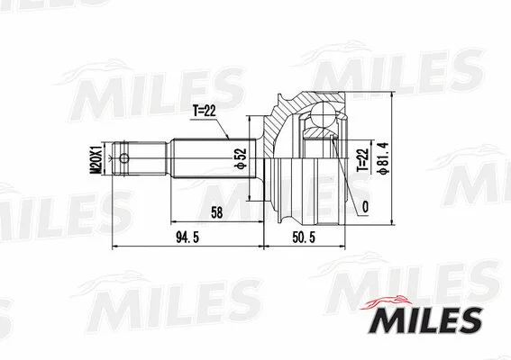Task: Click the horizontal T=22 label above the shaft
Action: pyautogui.click(x=205, y=112)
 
